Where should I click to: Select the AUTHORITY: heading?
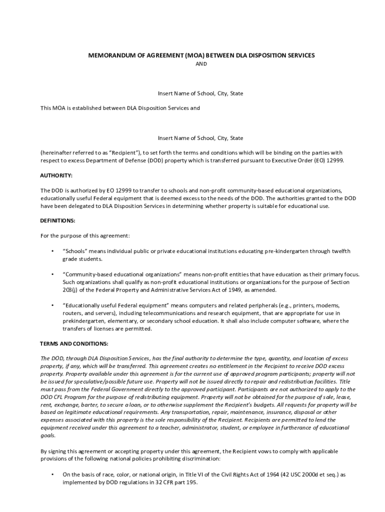pyautogui.click(x=56, y=175)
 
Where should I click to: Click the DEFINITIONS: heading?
pyautogui.click(x=57, y=220)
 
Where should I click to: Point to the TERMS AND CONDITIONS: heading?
pyautogui.click(x=73, y=343)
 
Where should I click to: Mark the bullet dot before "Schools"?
pyautogui.click(x=52, y=250)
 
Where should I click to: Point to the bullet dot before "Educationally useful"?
pyautogui.click(x=52, y=305)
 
